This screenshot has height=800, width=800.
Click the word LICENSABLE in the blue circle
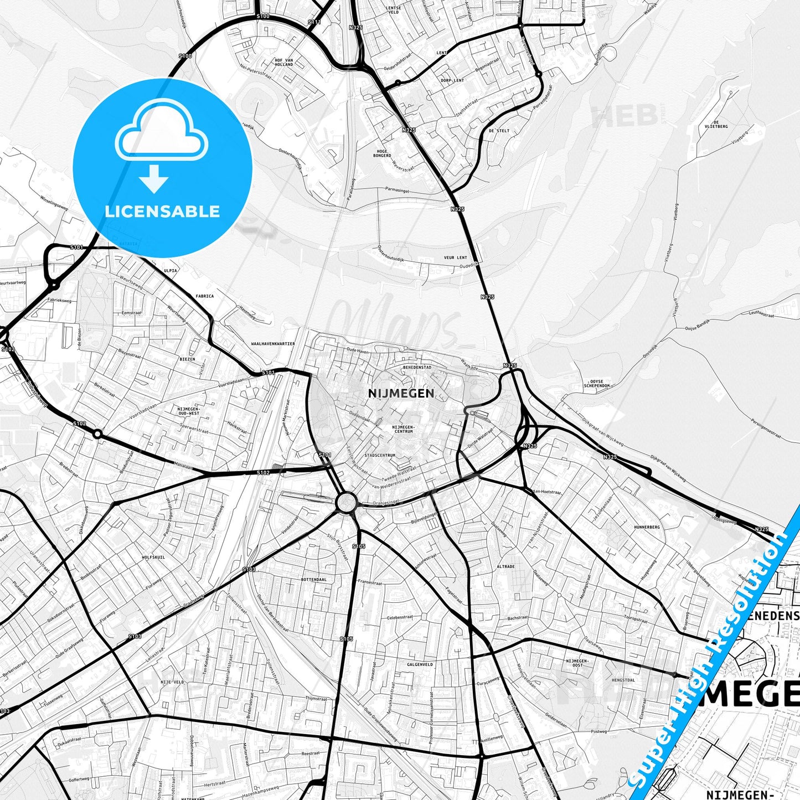[x=162, y=211]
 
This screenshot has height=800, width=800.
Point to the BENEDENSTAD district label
[x=417, y=367]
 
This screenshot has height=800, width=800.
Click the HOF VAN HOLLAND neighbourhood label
[x=283, y=62]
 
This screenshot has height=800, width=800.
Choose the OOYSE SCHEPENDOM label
[x=597, y=384]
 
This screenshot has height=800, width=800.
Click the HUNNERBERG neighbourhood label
[x=647, y=528]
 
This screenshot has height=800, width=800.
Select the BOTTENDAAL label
[x=313, y=579]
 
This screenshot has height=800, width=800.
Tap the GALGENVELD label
[x=420, y=664]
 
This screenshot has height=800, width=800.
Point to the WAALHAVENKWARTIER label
[x=273, y=344]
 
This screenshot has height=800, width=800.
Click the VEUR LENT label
[x=455, y=257]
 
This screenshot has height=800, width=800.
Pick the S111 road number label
[x=314, y=22]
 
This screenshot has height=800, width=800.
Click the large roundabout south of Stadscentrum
[x=347, y=503]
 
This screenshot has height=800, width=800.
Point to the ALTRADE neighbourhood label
[x=505, y=567]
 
